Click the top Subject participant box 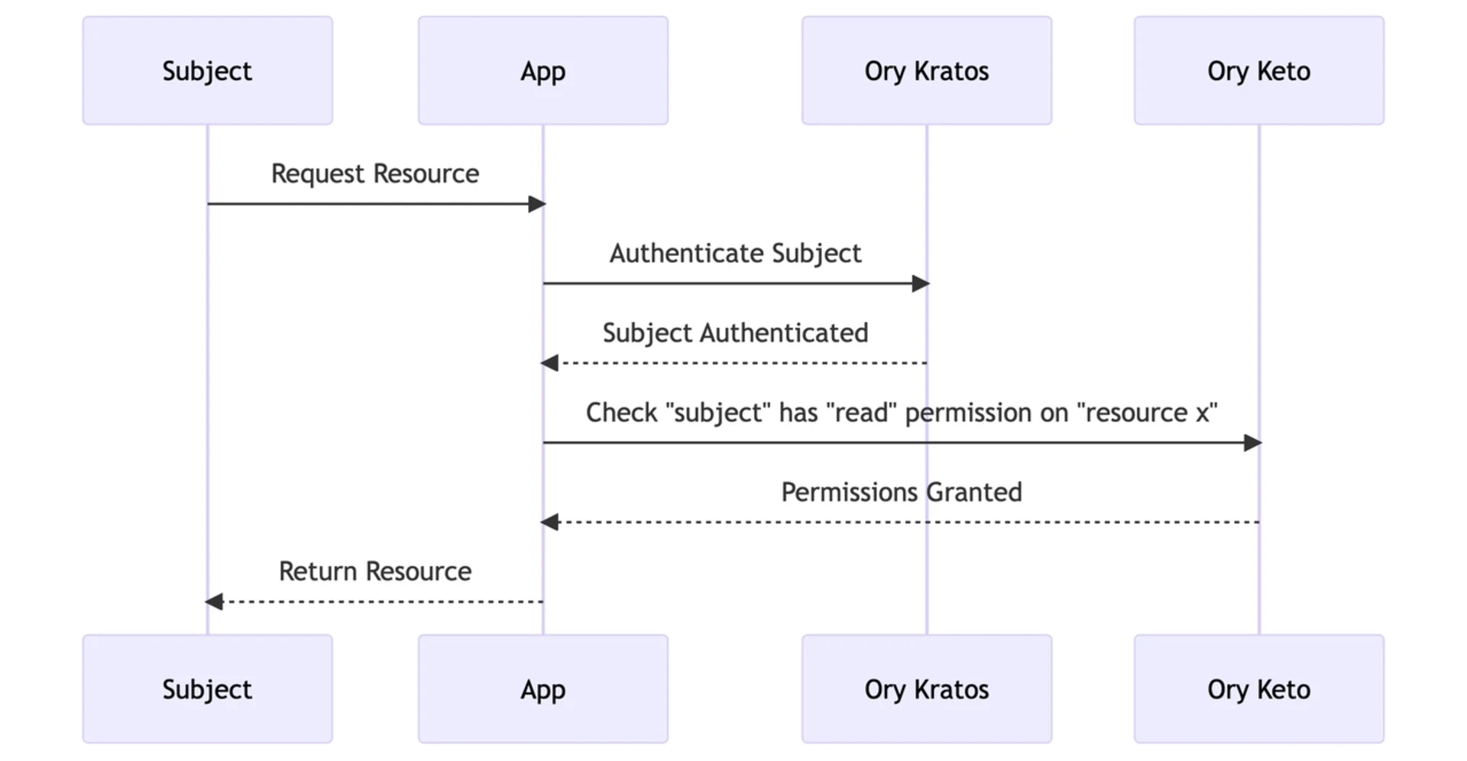tap(207, 71)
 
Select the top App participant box tap(542, 71)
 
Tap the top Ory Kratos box tap(926, 71)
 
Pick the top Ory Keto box tap(1258, 71)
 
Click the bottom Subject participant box tap(207, 689)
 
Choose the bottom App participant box tap(542, 689)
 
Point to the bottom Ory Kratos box tap(926, 689)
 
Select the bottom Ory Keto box tap(1258, 689)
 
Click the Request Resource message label tap(374, 173)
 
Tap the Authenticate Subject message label tap(735, 253)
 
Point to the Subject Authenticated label tap(735, 333)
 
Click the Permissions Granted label tap(901, 492)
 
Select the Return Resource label tap(374, 572)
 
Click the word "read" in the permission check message tap(861, 413)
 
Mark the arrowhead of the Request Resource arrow tap(537, 204)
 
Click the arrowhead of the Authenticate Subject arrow tap(921, 284)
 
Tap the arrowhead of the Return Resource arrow tap(214, 602)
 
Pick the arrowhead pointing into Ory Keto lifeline tap(1253, 443)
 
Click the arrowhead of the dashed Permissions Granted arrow tap(549, 523)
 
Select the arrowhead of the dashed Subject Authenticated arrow tap(549, 364)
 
